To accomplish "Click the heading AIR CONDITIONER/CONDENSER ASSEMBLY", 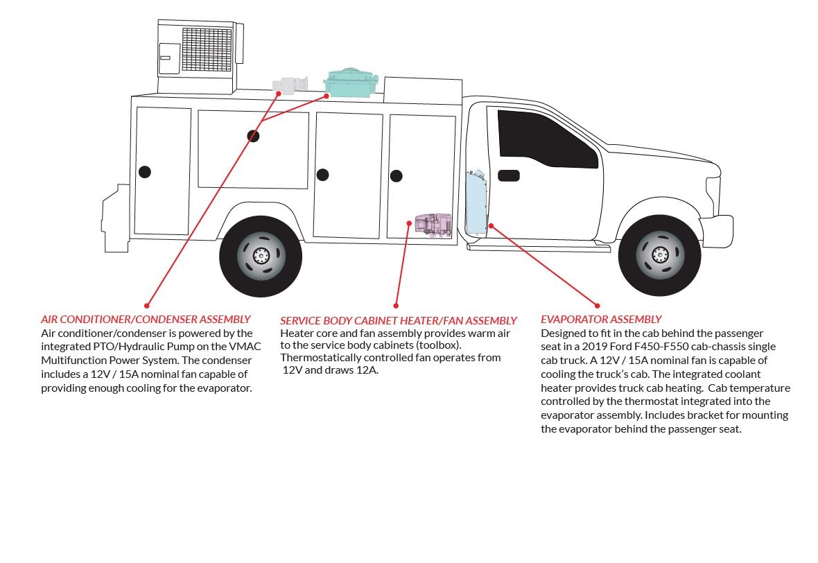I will click(x=146, y=320).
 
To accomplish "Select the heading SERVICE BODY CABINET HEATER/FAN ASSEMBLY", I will click(x=399, y=321).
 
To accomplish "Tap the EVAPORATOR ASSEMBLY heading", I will click(x=601, y=320).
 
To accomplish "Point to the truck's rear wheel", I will click(x=261, y=256).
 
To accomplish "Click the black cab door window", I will click(x=544, y=139).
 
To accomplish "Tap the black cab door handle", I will click(x=509, y=175).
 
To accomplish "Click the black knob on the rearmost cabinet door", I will click(x=144, y=172).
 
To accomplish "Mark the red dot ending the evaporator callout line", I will click(x=597, y=304).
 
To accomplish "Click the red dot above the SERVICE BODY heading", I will click(x=397, y=305).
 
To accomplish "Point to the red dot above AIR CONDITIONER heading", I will click(x=147, y=305).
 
